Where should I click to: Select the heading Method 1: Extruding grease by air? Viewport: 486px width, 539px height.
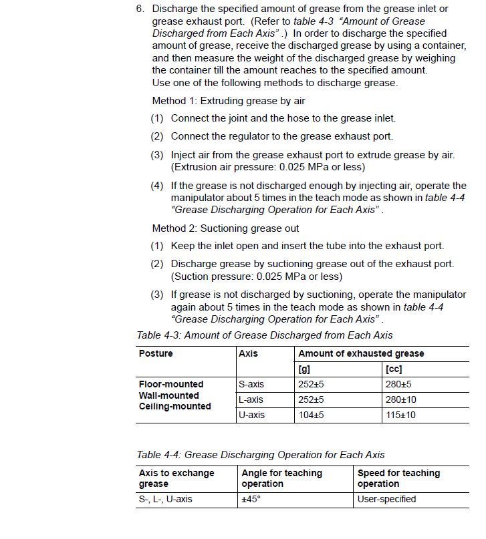click(x=228, y=101)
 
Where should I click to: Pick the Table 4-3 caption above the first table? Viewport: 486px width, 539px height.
click(x=264, y=335)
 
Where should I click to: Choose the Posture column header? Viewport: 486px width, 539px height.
click(x=156, y=354)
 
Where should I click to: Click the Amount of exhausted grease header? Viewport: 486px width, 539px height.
click(x=360, y=354)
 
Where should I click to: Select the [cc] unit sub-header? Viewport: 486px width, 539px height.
click(x=394, y=369)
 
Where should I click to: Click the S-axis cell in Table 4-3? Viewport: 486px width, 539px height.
click(x=251, y=384)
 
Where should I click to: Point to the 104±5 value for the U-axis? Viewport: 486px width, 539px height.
click(x=311, y=415)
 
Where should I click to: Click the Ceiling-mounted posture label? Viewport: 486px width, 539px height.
click(x=174, y=406)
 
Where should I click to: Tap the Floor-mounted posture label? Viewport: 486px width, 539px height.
click(x=171, y=384)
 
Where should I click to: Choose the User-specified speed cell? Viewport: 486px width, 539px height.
click(x=386, y=499)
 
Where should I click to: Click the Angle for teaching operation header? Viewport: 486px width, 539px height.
click(x=281, y=478)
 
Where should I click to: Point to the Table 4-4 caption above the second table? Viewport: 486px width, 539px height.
click(x=260, y=455)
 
